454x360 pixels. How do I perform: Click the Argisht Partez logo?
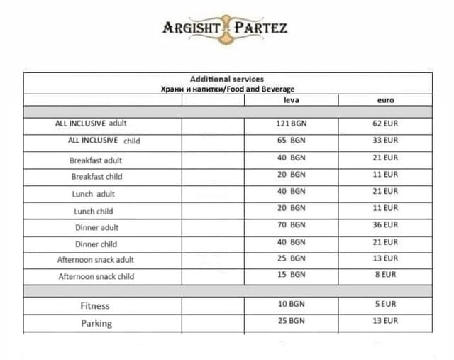coord(225,28)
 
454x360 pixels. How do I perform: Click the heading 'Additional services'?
coord(227,79)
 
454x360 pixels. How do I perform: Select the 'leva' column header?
coord(291,100)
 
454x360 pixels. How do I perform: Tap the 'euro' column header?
coord(385,100)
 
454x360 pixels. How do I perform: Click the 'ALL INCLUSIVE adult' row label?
coord(91,124)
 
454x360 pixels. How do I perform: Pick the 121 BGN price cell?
coord(291,124)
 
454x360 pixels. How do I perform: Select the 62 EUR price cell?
coord(385,124)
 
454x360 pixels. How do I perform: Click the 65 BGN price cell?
coord(291,141)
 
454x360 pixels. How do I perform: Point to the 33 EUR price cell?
coord(385,141)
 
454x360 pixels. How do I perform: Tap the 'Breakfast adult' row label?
coord(96,160)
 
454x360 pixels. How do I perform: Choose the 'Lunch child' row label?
coord(93,212)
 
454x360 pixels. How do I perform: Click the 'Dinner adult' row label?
coord(96,228)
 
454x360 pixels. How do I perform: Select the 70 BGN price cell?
coord(291,225)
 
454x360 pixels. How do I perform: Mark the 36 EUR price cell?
coord(385,225)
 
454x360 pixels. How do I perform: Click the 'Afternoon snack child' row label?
coord(96,276)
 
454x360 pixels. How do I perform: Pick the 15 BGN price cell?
coord(291,274)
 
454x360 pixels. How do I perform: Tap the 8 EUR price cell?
coord(385,274)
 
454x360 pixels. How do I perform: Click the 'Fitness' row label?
coord(94,306)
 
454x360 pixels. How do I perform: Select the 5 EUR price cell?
coord(385,304)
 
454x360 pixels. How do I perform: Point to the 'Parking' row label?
coord(96,323)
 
